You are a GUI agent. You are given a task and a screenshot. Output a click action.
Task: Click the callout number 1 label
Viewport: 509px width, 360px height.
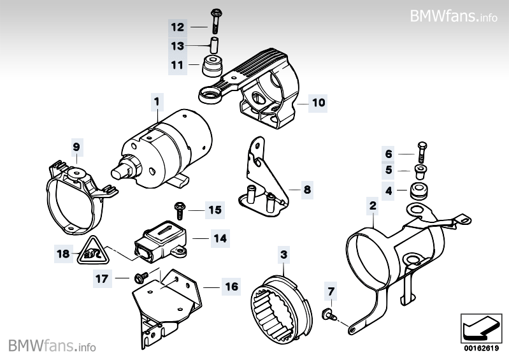(155, 100)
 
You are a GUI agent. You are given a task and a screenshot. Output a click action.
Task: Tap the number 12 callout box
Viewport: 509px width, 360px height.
(177, 27)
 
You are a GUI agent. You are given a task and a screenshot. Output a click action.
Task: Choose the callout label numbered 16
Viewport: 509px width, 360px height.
(231, 287)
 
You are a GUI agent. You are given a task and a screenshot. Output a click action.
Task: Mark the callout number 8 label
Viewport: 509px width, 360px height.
(306, 189)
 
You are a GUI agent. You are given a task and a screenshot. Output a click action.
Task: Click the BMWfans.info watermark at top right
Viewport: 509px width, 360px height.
(454, 15)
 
